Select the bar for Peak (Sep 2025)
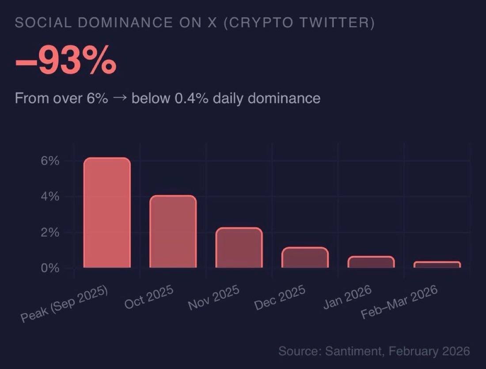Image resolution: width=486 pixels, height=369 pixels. click(x=107, y=212)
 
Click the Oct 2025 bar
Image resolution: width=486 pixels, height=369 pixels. click(x=173, y=231)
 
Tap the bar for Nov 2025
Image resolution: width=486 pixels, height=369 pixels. click(x=239, y=247)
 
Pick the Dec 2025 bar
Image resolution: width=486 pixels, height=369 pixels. click(x=305, y=257)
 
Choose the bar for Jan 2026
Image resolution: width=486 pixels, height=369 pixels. click(x=371, y=262)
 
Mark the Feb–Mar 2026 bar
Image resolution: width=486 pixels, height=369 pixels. click(x=437, y=265)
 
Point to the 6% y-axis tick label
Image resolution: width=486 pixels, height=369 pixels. click(x=50, y=161)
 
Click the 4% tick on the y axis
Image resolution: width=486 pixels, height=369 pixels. click(x=50, y=197)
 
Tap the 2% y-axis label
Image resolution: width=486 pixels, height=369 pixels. click(x=50, y=232)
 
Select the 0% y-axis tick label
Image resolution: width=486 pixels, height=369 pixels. click(x=50, y=268)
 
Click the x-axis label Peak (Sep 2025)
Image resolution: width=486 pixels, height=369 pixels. click(x=65, y=305)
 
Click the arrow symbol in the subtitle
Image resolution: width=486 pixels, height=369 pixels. click(x=119, y=98)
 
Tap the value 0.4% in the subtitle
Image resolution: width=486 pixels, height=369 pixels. click(x=192, y=98)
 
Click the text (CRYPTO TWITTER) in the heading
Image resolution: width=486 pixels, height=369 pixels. click(x=299, y=23)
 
